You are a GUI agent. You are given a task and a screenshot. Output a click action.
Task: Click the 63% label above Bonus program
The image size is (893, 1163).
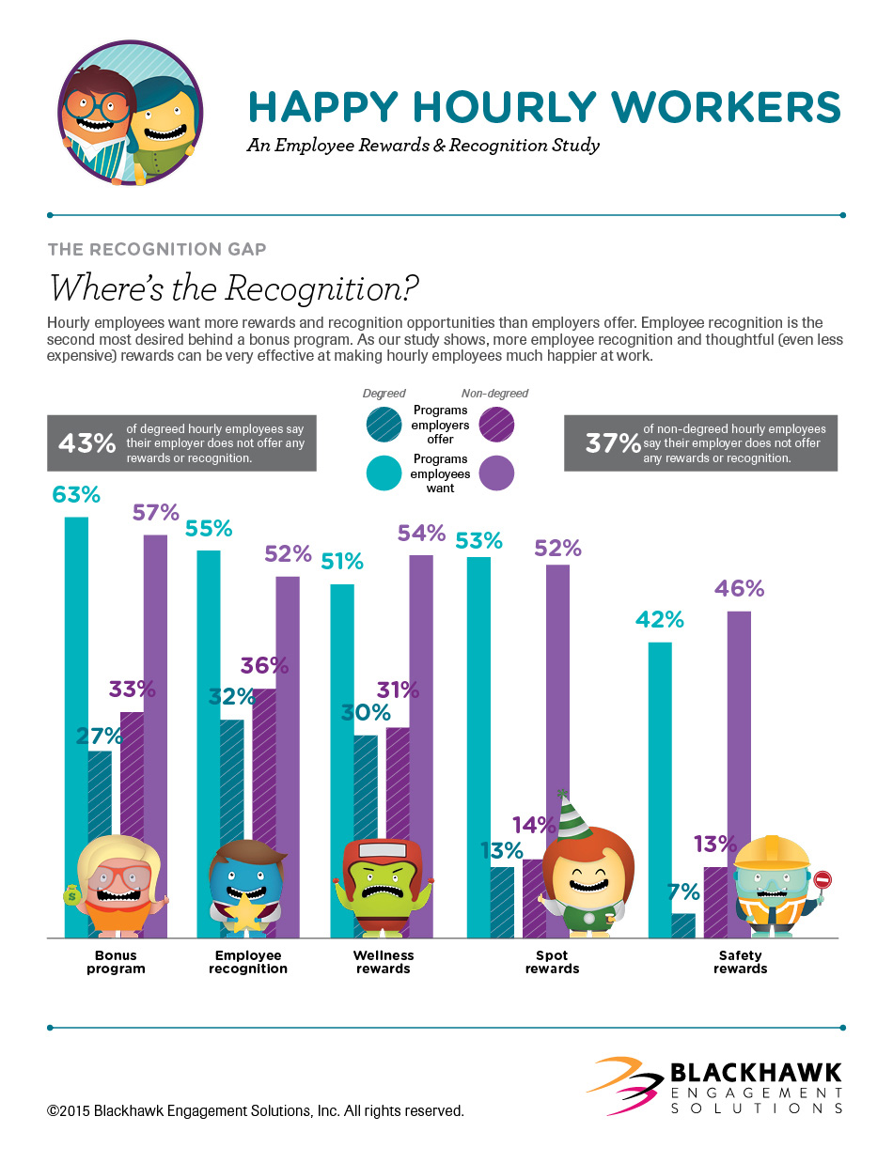pyautogui.click(x=75, y=495)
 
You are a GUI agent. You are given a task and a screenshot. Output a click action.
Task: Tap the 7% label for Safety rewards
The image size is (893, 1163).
pyautogui.click(x=683, y=892)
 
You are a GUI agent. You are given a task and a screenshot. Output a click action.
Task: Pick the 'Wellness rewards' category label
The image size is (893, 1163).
pyautogui.click(x=384, y=962)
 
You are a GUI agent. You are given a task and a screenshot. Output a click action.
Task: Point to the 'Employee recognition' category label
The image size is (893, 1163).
pyautogui.click(x=249, y=962)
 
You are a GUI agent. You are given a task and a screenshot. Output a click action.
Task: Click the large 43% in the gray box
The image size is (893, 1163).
pyautogui.click(x=86, y=442)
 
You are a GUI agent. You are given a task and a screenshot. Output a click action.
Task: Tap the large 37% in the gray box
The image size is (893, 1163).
pyautogui.click(x=613, y=442)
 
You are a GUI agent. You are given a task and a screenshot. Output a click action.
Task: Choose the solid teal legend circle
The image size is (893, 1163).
pyautogui.click(x=384, y=472)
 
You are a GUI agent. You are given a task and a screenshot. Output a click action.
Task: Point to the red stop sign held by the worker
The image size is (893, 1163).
pyautogui.click(x=822, y=881)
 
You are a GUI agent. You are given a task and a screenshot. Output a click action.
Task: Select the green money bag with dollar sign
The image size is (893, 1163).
pyautogui.click(x=73, y=897)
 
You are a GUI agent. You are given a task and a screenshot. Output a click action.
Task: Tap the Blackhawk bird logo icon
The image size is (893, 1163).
pyautogui.click(x=623, y=1085)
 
